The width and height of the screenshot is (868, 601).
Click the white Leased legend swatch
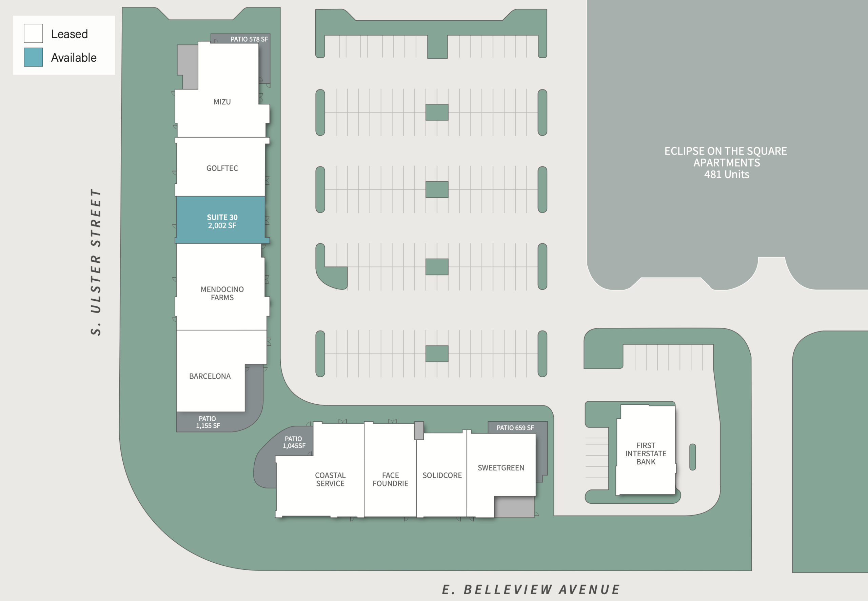33,33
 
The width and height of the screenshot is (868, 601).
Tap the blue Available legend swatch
33,57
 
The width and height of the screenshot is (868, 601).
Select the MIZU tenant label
222,102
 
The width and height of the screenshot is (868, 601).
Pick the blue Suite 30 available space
221,220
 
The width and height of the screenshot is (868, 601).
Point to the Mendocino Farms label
222,293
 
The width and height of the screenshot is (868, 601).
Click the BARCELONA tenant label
210,376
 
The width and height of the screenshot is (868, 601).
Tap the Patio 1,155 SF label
208,422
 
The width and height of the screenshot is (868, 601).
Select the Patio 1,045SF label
294,442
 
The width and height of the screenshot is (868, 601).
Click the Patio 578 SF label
249,39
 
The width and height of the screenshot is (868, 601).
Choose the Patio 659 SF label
515,428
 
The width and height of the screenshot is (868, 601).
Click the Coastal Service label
330,479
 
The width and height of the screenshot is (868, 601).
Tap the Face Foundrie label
391,479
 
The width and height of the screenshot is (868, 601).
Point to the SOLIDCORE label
442,476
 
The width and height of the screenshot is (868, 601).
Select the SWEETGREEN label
501,468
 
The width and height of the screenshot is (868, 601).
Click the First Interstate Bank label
646,454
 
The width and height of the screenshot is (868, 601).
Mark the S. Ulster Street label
96,262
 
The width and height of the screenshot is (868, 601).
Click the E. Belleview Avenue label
531,589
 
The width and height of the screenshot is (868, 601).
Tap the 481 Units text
727,174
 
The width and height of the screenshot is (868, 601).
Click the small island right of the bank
692,457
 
